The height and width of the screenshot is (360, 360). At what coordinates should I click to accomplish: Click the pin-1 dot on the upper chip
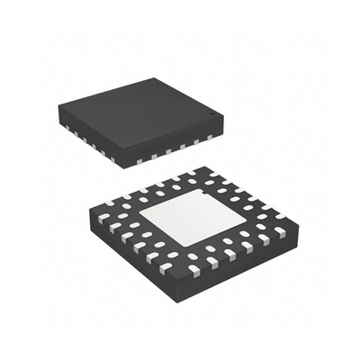tap(212, 116)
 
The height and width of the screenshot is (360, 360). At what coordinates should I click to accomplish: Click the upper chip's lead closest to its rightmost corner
tap(210, 137)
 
